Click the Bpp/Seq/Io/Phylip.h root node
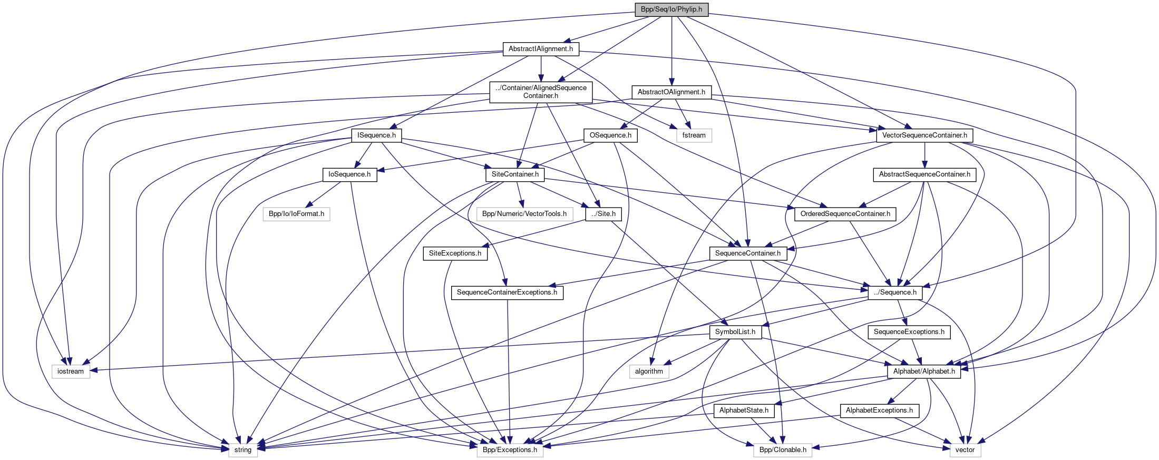click(x=671, y=9)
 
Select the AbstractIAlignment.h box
click(x=541, y=49)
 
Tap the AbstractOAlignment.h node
click(x=671, y=92)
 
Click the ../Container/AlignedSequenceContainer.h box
click(x=541, y=92)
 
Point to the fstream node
click(x=694, y=135)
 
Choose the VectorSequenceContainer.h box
click(x=924, y=135)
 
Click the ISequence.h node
click(x=376, y=135)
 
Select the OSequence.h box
click(x=610, y=135)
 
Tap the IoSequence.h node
click(x=349, y=174)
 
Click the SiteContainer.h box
click(x=515, y=174)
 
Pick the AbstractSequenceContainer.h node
click(x=924, y=174)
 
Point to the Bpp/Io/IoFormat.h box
click(x=296, y=214)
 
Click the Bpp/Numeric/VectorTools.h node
click(x=524, y=214)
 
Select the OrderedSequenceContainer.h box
click(x=845, y=214)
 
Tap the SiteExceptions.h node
click(x=455, y=253)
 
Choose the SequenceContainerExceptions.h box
click(x=507, y=292)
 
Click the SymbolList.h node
click(x=735, y=332)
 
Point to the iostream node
click(x=71, y=371)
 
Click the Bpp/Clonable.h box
click(x=783, y=450)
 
